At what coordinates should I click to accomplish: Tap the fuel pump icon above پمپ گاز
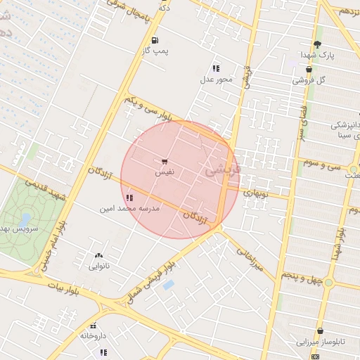click(x=155, y=39)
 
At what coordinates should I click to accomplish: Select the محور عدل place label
click(x=216, y=79)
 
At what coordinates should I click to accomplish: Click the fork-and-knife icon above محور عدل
click(x=216, y=68)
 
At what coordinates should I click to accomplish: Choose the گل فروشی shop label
click(x=313, y=80)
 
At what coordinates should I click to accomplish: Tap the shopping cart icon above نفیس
click(x=165, y=161)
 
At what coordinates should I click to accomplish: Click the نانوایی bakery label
click(x=98, y=266)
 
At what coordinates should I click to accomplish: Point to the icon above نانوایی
click(x=98, y=255)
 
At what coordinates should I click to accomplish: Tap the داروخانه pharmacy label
click(x=93, y=335)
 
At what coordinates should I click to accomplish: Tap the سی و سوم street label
click(x=321, y=164)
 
